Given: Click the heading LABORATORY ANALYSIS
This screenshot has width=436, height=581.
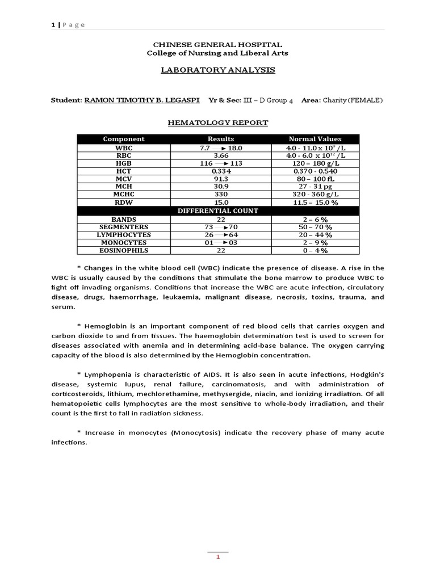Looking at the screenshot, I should point(217,70).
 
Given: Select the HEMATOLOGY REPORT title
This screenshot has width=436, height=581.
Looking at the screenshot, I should point(217,123).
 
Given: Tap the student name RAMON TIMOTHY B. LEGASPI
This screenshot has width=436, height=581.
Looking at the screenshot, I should point(142,100).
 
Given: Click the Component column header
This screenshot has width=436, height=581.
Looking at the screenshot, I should point(123,139).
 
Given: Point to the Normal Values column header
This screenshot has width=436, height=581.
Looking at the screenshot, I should point(315,139).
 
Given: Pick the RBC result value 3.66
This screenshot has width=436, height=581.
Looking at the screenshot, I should point(221,155).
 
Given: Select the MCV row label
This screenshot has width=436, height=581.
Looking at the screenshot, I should point(123,179).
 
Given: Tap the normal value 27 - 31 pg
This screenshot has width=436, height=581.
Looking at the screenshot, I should point(315,187).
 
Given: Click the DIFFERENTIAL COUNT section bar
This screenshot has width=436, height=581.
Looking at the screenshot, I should point(218,210).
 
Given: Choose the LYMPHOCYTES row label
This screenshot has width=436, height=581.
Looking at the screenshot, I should point(123,234).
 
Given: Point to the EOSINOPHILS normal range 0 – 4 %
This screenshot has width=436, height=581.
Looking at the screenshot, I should point(315,250).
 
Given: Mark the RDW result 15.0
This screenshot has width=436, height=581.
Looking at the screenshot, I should point(221,203).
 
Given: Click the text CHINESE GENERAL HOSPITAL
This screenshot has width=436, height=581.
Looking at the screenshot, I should point(217,44).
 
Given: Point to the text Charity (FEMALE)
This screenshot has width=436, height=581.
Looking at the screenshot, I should point(353,100).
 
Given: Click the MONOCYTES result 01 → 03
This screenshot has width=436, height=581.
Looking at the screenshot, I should point(221,242).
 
